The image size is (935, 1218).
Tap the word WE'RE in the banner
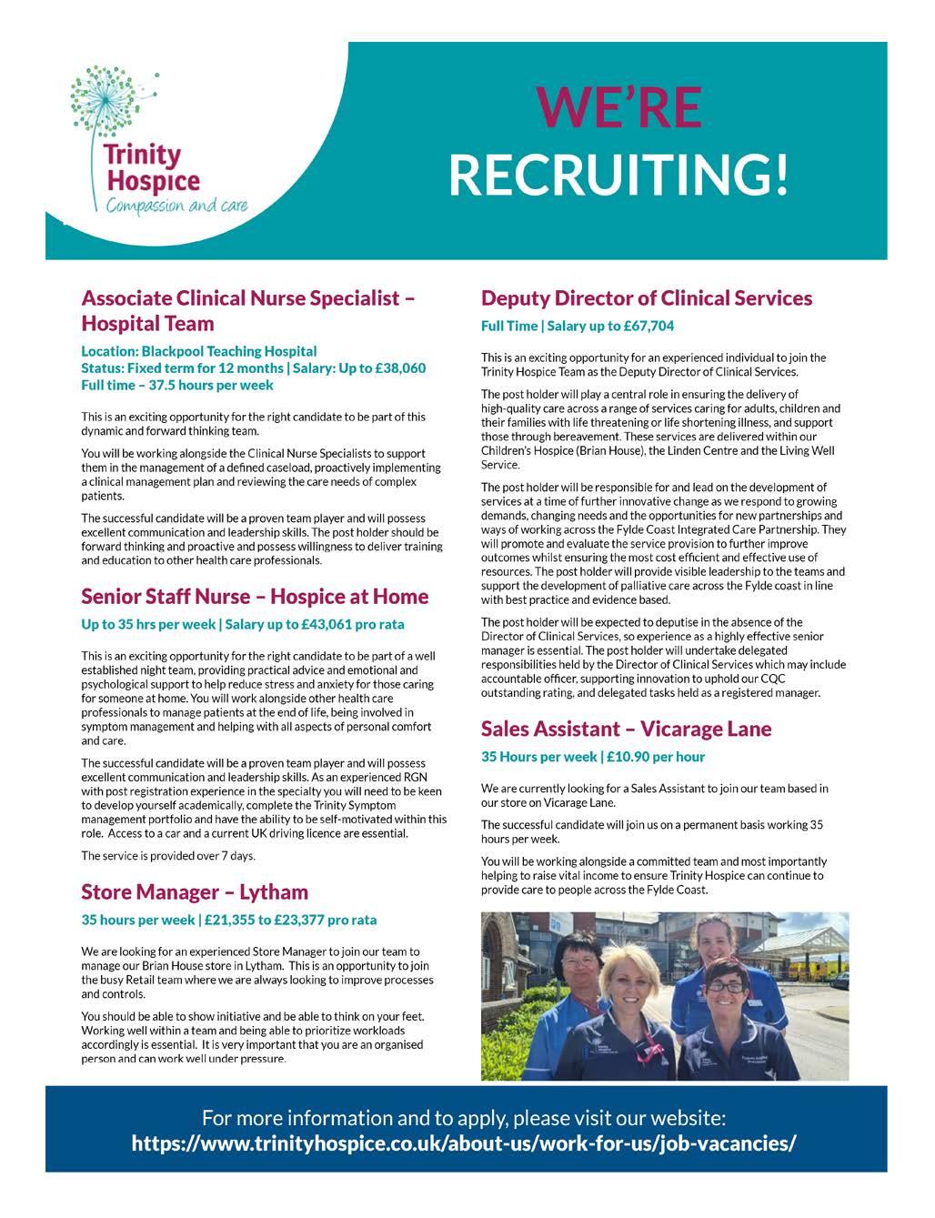(619, 107)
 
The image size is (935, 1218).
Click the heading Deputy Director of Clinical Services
(646, 298)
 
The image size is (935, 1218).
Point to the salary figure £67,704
(641, 326)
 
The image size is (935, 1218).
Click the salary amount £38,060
(394, 368)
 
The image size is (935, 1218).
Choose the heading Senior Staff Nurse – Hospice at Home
(255, 597)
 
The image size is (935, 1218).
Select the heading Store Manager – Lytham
(195, 891)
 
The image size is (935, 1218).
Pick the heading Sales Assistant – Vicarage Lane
(626, 729)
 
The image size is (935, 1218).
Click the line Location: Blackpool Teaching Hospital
(199, 351)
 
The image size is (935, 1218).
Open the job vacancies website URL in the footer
(464, 1143)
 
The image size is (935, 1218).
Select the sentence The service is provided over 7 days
(168, 856)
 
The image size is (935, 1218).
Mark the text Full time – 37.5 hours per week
(177, 386)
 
